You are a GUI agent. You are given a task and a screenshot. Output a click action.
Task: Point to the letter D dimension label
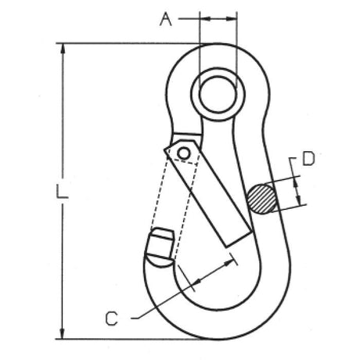pyautogui.click(x=307, y=161)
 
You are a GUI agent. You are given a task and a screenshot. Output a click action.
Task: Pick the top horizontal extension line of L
pyautogui.click(x=125, y=43)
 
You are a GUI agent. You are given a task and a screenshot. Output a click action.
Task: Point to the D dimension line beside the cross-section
pyautogui.click(x=298, y=191)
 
